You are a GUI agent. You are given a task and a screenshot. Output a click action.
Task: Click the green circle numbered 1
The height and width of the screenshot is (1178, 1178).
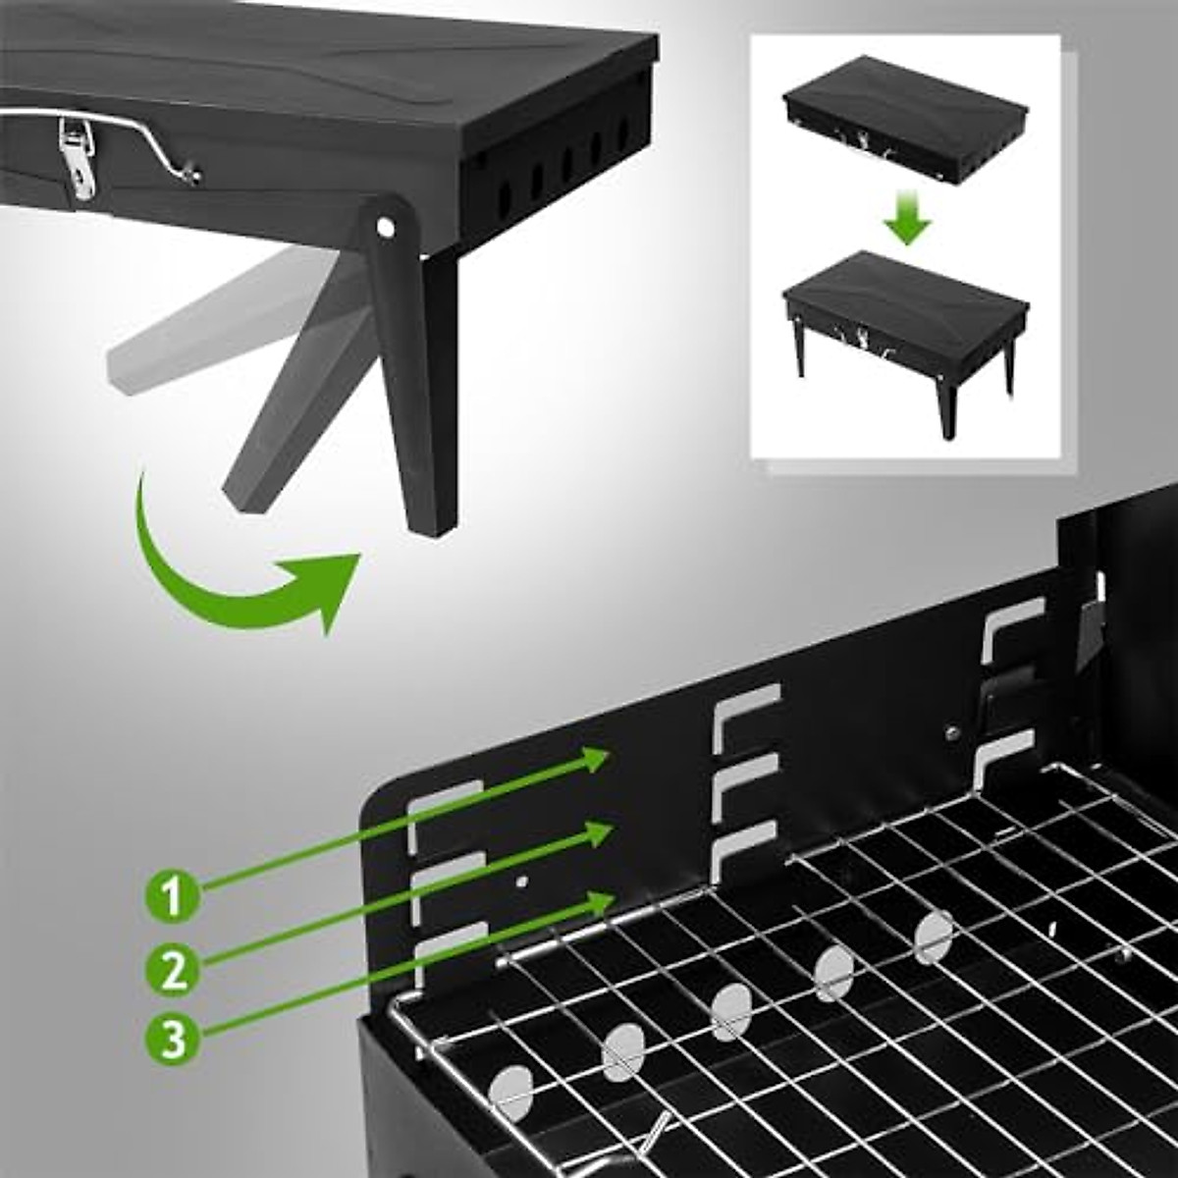(172, 896)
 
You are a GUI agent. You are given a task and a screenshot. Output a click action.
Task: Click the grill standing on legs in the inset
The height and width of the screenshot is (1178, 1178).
(903, 329)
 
